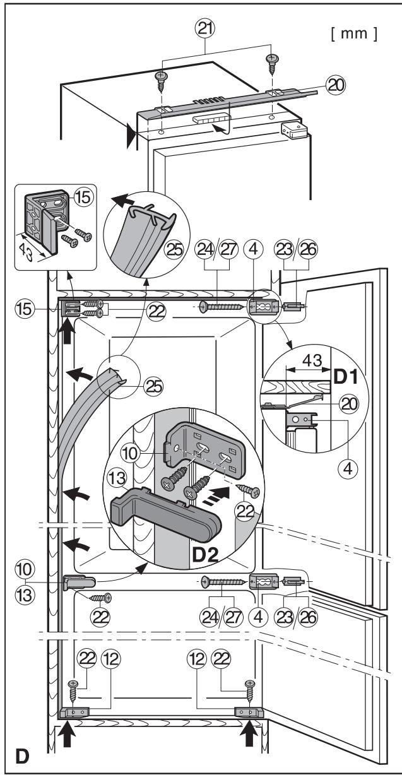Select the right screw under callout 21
tap(273, 61)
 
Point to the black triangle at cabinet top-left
tap(131, 134)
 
